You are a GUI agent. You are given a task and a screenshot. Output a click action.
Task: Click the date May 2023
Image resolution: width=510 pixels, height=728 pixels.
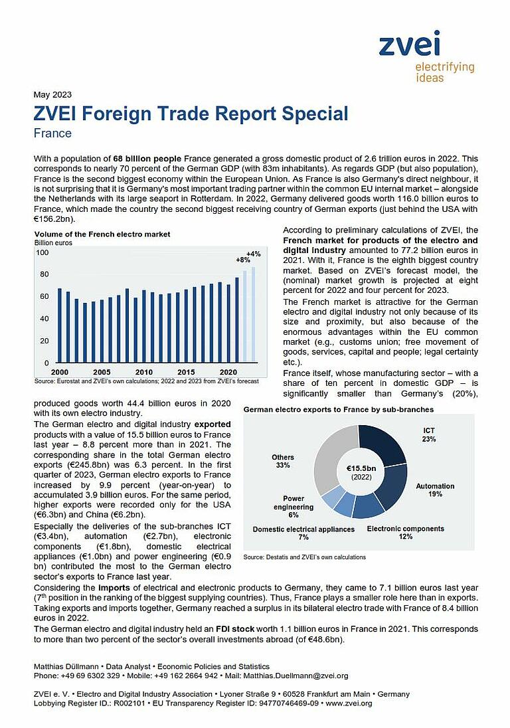[x=52, y=94]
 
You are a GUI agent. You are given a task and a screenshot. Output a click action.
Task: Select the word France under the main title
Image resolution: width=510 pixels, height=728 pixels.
[x=52, y=133]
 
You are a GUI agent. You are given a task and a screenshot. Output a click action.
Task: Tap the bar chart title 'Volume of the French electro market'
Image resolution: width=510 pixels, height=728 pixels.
[x=102, y=234]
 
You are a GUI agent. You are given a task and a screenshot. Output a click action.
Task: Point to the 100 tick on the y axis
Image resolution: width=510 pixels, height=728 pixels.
[x=42, y=252]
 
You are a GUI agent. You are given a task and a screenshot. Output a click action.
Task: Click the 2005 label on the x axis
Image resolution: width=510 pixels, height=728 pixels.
[x=102, y=372]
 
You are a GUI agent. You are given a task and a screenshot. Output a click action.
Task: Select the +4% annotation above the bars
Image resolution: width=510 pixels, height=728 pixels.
[x=253, y=254]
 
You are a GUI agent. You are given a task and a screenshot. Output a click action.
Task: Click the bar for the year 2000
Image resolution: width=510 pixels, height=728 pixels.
[x=60, y=325]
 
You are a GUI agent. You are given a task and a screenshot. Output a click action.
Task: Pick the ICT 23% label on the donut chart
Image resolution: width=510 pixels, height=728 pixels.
[x=428, y=435]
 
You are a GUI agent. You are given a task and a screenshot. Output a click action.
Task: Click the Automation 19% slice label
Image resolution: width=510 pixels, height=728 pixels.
[x=435, y=490]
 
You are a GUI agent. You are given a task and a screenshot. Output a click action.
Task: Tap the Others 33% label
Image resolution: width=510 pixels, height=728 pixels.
[x=282, y=461]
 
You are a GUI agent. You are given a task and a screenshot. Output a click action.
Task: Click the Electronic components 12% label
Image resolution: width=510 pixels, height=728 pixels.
[x=405, y=533]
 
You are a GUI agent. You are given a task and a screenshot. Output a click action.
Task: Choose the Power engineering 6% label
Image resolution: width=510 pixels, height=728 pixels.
[x=294, y=505]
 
